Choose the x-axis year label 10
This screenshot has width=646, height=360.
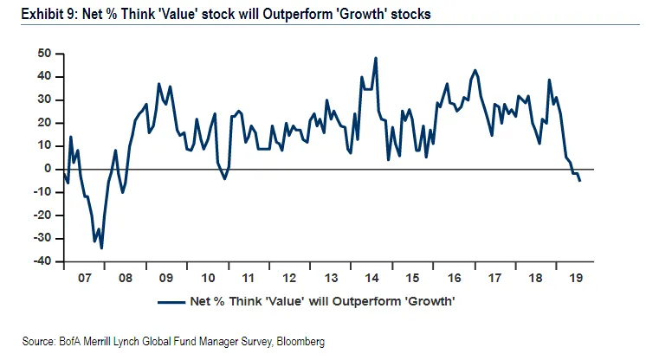pyautogui.click(x=207, y=280)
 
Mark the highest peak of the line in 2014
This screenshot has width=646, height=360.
pyautogui.click(x=376, y=58)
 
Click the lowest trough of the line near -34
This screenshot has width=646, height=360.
pyautogui.click(x=101, y=248)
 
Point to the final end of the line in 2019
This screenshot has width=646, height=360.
pyautogui.click(x=579, y=180)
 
